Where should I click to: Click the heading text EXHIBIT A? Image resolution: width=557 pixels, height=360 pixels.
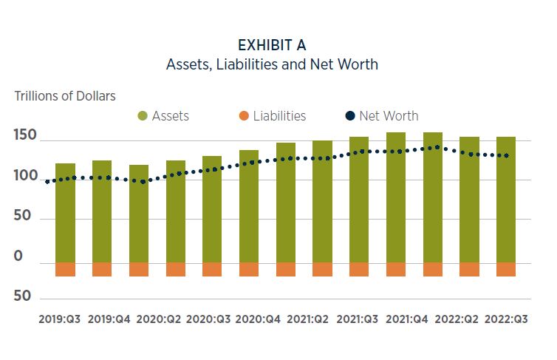click(272, 45)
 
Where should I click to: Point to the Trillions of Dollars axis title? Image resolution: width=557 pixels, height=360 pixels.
click(65, 96)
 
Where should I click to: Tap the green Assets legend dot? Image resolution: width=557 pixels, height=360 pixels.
click(143, 116)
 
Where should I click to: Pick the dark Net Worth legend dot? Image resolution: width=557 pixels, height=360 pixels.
click(350, 116)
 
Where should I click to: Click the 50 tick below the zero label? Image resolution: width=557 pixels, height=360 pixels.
click(24, 296)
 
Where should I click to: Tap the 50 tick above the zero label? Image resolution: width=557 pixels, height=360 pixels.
click(24, 218)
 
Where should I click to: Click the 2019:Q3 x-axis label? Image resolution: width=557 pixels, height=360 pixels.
click(59, 319)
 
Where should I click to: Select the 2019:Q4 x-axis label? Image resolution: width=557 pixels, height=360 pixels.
click(109, 319)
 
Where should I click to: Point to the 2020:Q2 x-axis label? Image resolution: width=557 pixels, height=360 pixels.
click(159, 319)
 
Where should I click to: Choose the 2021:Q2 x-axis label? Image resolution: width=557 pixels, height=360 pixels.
click(307, 319)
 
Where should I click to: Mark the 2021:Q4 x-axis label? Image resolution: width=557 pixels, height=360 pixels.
click(407, 319)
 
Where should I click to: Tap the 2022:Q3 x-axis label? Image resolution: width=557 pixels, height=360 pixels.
click(506, 319)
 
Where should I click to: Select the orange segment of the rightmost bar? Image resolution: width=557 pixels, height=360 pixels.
click(506, 269)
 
